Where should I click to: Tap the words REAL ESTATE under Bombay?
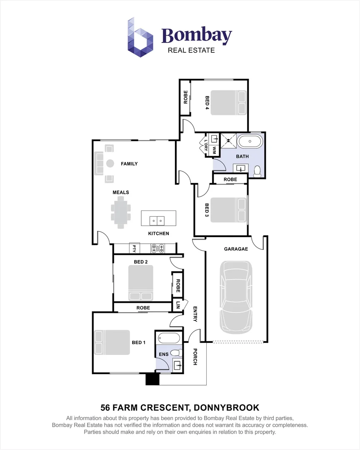(x=191, y=50)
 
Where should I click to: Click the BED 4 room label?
(x=207, y=102)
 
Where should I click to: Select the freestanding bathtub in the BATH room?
(x=250, y=142)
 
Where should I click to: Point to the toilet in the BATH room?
(x=257, y=171)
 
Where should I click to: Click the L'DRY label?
(x=206, y=145)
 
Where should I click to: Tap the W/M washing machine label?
(x=214, y=150)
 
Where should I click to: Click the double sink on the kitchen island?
(x=157, y=221)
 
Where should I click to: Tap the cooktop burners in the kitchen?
(x=158, y=248)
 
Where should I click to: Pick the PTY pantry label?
(x=134, y=248)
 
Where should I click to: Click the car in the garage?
(x=236, y=297)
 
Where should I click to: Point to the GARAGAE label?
(x=236, y=249)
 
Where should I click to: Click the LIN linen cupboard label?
(x=177, y=305)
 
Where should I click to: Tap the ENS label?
(x=164, y=355)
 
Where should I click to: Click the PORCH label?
(x=195, y=357)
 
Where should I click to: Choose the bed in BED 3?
(x=229, y=210)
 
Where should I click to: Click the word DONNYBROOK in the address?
(x=227, y=407)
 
